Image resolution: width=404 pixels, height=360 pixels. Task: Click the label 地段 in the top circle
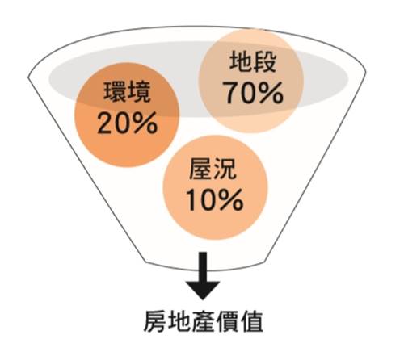tap(253, 62)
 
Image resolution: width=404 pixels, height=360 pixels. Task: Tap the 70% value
tap(253, 93)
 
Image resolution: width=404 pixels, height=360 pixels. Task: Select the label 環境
tap(127, 92)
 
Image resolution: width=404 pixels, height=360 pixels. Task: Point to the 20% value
tap(127, 123)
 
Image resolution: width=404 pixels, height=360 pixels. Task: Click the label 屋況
tap(213, 170)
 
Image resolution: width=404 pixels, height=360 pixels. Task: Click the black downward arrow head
tap(203, 290)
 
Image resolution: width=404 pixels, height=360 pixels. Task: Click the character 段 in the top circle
tap(265, 62)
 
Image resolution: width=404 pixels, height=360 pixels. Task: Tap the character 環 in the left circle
tap(115, 92)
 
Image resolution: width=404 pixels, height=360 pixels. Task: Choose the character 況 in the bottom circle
tap(225, 170)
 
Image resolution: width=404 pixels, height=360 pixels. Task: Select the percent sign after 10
tap(232, 200)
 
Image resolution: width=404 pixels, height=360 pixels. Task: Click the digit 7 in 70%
tap(230, 93)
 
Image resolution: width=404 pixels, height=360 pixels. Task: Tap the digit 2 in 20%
tap(106, 123)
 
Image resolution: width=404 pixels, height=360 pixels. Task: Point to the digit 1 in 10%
tap(191, 200)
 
